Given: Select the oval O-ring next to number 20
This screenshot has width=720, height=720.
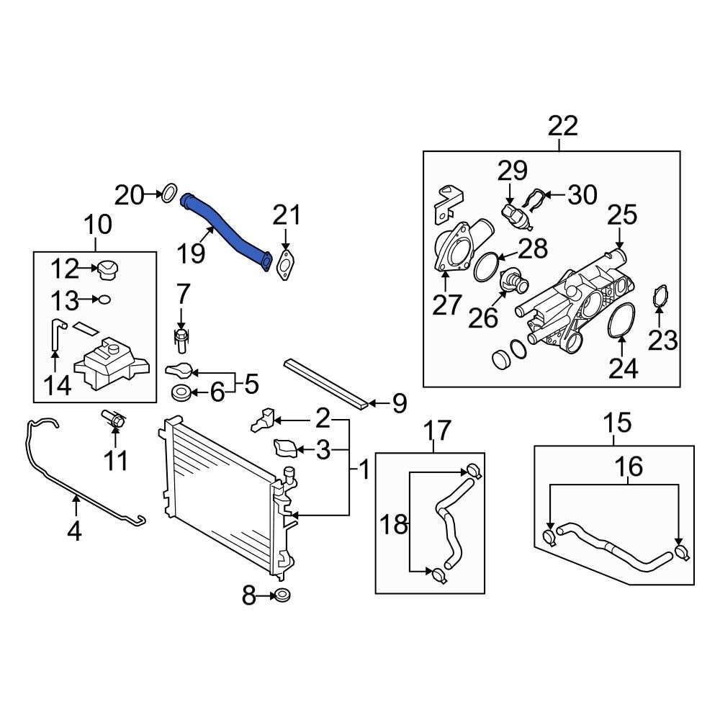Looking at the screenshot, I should point(168,194).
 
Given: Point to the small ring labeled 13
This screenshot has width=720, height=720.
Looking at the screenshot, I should point(104,298).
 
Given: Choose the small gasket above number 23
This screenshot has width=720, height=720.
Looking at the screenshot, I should point(660,297).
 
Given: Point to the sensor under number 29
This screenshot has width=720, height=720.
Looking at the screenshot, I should point(512,210).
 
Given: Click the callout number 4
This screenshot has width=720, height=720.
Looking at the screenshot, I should point(75,531).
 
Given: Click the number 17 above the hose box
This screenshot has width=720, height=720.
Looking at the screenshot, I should point(436,431).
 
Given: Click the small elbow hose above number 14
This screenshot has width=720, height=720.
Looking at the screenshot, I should point(55,334).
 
